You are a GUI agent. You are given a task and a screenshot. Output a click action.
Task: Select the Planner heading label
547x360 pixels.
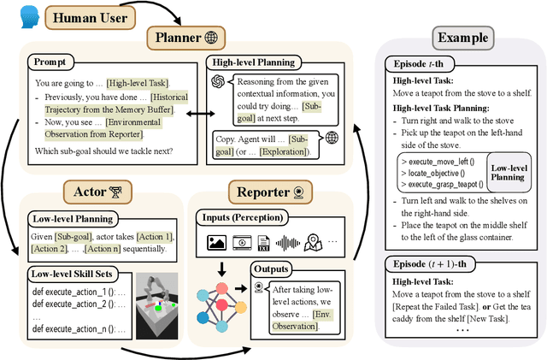tap(187, 38)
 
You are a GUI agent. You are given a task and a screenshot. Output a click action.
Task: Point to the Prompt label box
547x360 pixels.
tap(54, 62)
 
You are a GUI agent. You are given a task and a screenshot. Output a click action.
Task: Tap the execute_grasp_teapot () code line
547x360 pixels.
tap(444, 184)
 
